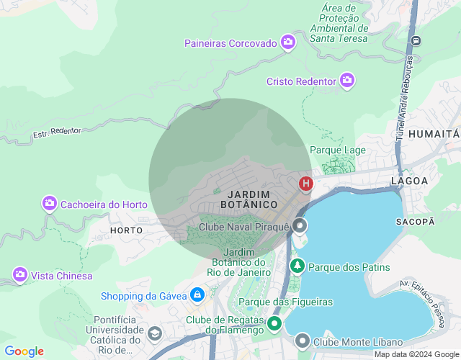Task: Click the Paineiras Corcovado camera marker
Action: (288, 42)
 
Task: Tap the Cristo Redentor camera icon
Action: (347, 81)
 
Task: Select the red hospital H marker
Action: (306, 184)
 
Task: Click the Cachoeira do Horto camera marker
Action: (50, 204)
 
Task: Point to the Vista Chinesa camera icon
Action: (20, 275)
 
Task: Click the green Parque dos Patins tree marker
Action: (297, 266)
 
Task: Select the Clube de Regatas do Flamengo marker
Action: (274, 323)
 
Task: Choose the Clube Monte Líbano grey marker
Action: (303, 341)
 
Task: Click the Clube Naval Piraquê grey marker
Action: (300, 227)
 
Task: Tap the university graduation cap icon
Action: (155, 333)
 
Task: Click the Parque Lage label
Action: (338, 150)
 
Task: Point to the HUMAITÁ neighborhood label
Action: (433, 134)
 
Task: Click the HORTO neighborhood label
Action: (127, 230)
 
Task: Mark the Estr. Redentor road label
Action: (57, 132)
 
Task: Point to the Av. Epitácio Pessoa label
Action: (429, 303)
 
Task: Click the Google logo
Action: (24, 351)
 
